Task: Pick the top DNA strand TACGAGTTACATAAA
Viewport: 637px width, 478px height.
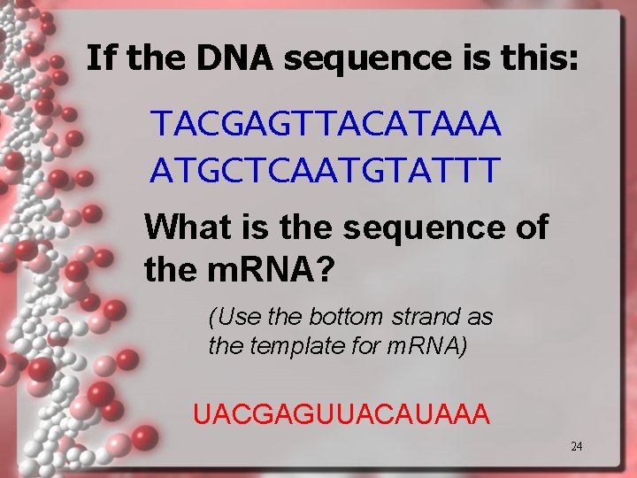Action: pyautogui.click(x=326, y=125)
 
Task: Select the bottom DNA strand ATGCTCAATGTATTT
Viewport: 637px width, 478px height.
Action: pyautogui.click(x=325, y=168)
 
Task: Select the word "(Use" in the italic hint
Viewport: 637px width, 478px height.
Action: pyautogui.click(x=228, y=316)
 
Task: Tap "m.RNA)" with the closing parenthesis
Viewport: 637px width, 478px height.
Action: pyautogui.click(x=427, y=345)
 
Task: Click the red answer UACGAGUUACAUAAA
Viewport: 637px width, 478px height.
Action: pyautogui.click(x=341, y=413)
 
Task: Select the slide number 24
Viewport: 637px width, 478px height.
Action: pyautogui.click(x=576, y=447)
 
